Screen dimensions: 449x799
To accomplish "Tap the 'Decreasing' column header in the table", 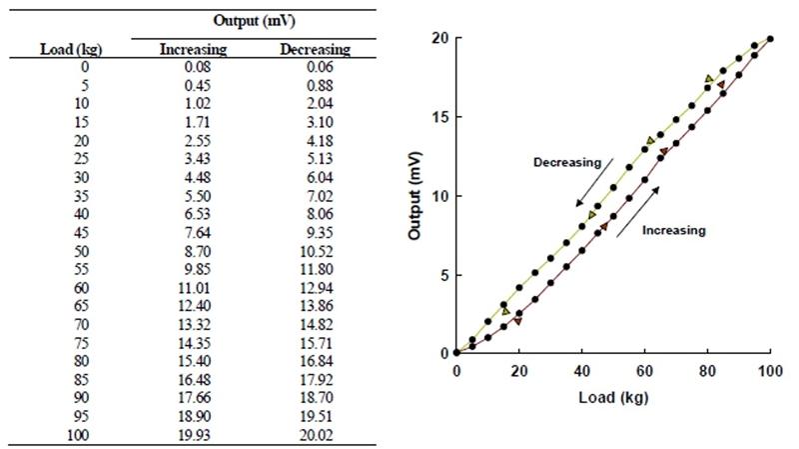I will pos(315,49).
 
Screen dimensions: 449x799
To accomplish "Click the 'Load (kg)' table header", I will pos(72,49).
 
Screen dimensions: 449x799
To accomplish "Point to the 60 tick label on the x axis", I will pos(645,370).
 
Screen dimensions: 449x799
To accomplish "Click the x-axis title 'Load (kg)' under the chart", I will pos(612,397).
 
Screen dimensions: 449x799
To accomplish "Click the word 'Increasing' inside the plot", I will pos(673,230).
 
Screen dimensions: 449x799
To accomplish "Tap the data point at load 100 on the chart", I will pos(770,38).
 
